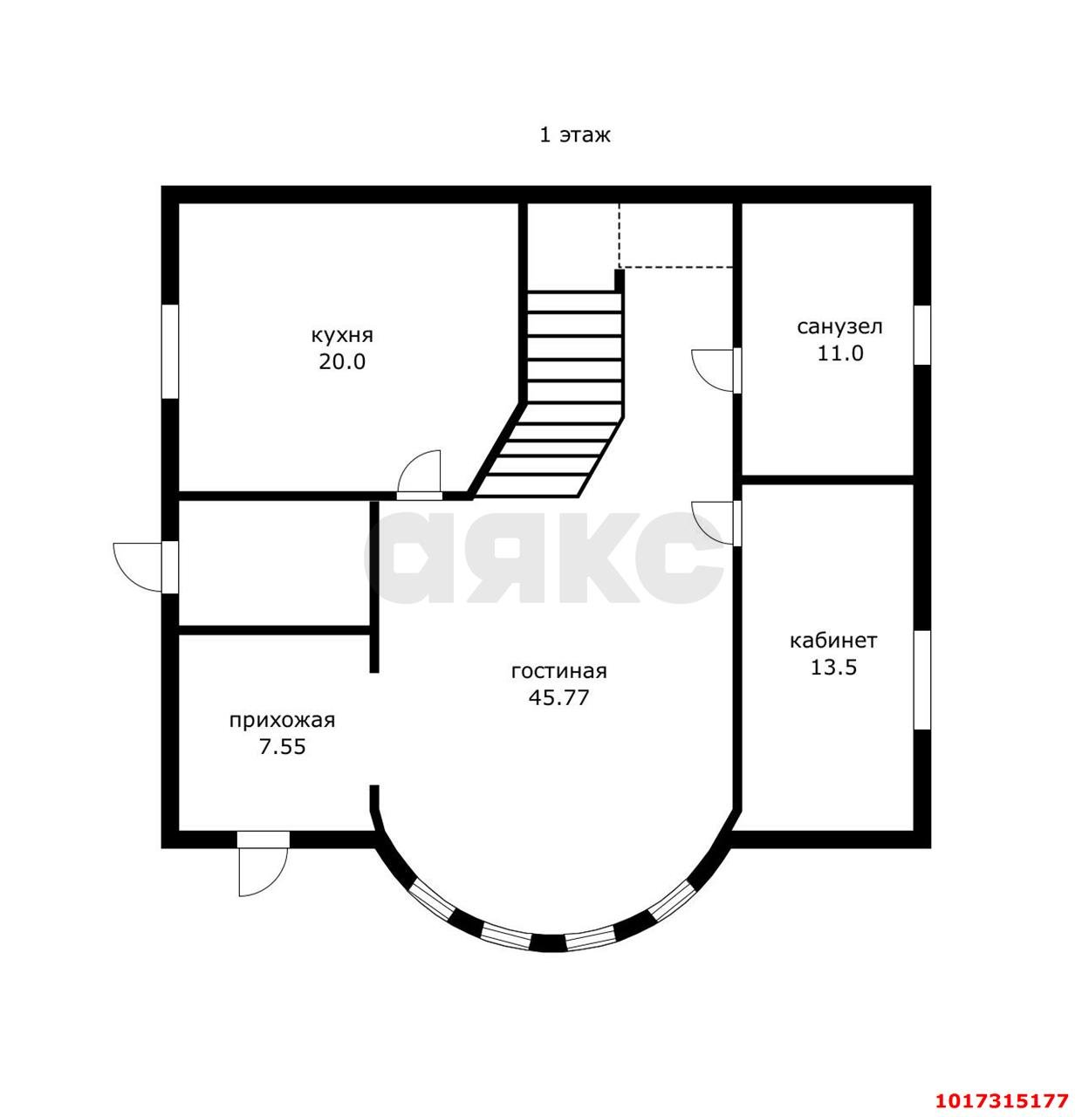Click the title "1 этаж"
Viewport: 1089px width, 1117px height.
click(x=574, y=135)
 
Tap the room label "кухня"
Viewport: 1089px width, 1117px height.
click(x=341, y=335)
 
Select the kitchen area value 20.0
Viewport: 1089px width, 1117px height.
click(x=342, y=361)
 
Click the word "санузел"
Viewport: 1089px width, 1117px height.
click(x=839, y=327)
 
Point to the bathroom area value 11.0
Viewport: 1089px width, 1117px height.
click(x=839, y=353)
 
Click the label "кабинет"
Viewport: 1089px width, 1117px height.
click(x=833, y=641)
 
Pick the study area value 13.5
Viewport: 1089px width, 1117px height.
click(x=833, y=668)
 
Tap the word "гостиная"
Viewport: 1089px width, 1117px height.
click(x=558, y=671)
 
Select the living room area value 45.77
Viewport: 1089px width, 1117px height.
click(x=558, y=697)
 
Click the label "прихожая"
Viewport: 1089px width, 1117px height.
click(x=282, y=720)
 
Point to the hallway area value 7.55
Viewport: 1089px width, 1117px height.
click(x=283, y=747)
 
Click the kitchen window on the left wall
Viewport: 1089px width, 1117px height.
click(x=170, y=352)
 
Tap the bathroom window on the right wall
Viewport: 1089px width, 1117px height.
click(x=922, y=335)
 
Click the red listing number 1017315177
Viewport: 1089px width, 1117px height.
click(x=1002, y=1085)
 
